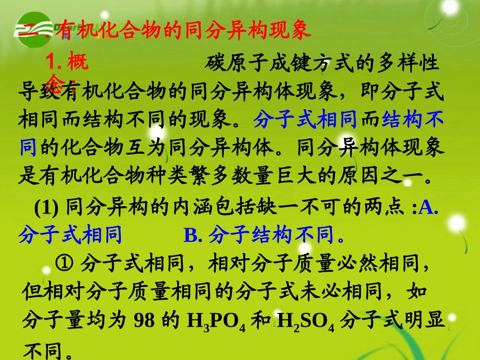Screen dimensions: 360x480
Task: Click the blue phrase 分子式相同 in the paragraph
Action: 305,121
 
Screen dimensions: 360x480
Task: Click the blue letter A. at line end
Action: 428,207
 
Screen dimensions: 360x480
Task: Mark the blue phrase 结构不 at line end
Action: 413,121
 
